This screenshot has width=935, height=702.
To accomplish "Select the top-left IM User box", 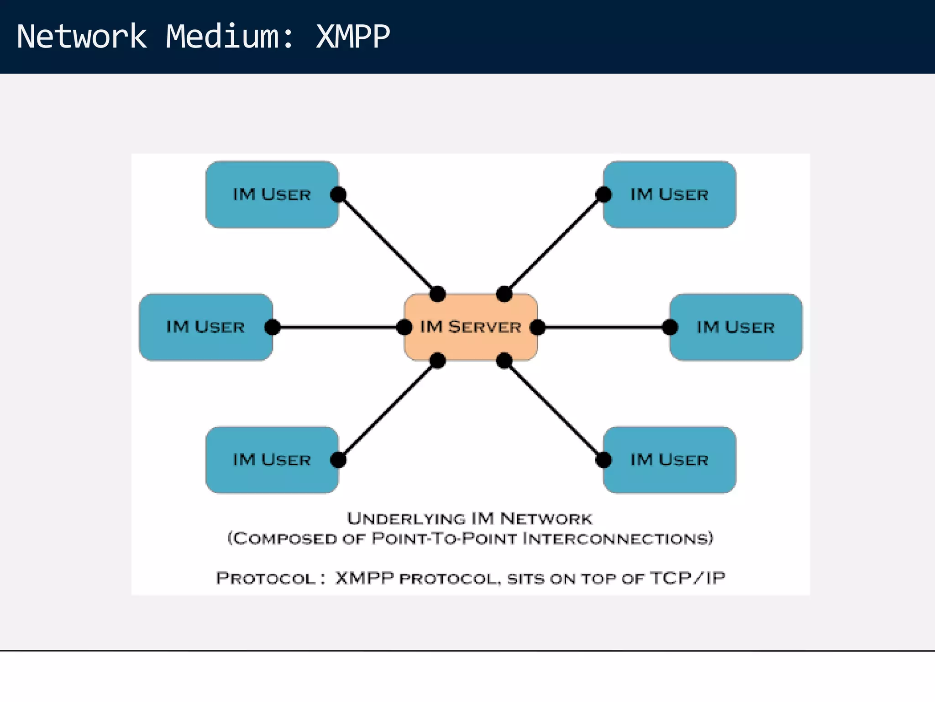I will point(272,195).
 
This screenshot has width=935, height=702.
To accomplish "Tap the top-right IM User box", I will point(669,195).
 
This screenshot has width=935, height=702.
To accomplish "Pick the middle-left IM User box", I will point(205,327).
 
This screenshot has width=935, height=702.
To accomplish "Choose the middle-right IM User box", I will point(736,327).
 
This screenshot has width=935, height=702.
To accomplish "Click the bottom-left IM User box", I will point(272,460).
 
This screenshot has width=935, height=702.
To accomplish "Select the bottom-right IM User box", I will point(669,460).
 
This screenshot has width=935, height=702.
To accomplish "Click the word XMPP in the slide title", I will point(352,37).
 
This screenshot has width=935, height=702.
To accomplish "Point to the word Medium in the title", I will point(223,37).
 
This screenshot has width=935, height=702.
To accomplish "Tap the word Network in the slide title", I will point(82,37).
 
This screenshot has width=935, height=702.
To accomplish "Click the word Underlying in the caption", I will point(406,519).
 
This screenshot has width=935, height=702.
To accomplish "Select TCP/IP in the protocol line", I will point(688,578).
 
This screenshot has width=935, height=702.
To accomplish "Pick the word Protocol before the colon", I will point(266,578).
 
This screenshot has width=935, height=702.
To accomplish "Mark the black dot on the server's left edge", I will point(404,327).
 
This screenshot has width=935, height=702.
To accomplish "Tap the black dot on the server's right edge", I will point(538,327).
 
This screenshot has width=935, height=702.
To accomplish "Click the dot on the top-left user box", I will point(338,195).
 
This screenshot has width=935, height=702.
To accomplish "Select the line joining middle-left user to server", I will point(338,327).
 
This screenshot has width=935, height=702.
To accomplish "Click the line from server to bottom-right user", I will point(553,410).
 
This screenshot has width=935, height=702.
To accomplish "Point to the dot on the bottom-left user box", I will point(338,460).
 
